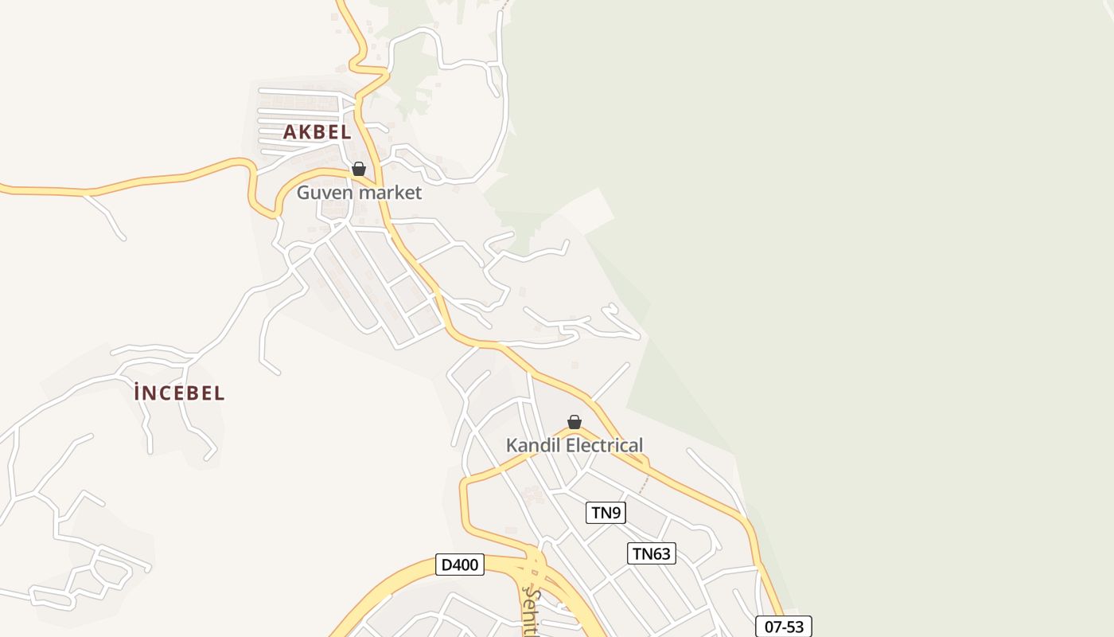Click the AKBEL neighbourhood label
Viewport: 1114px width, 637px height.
click(317, 132)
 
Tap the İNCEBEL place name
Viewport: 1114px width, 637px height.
click(179, 393)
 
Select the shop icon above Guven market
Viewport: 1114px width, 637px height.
click(359, 169)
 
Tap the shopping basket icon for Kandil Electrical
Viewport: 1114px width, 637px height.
click(575, 422)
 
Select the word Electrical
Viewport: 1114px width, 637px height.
click(604, 445)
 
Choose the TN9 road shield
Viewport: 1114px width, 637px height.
click(606, 513)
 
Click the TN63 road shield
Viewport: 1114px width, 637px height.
click(651, 553)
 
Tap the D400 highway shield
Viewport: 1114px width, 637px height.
click(460, 565)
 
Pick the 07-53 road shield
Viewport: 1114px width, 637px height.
click(783, 627)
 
